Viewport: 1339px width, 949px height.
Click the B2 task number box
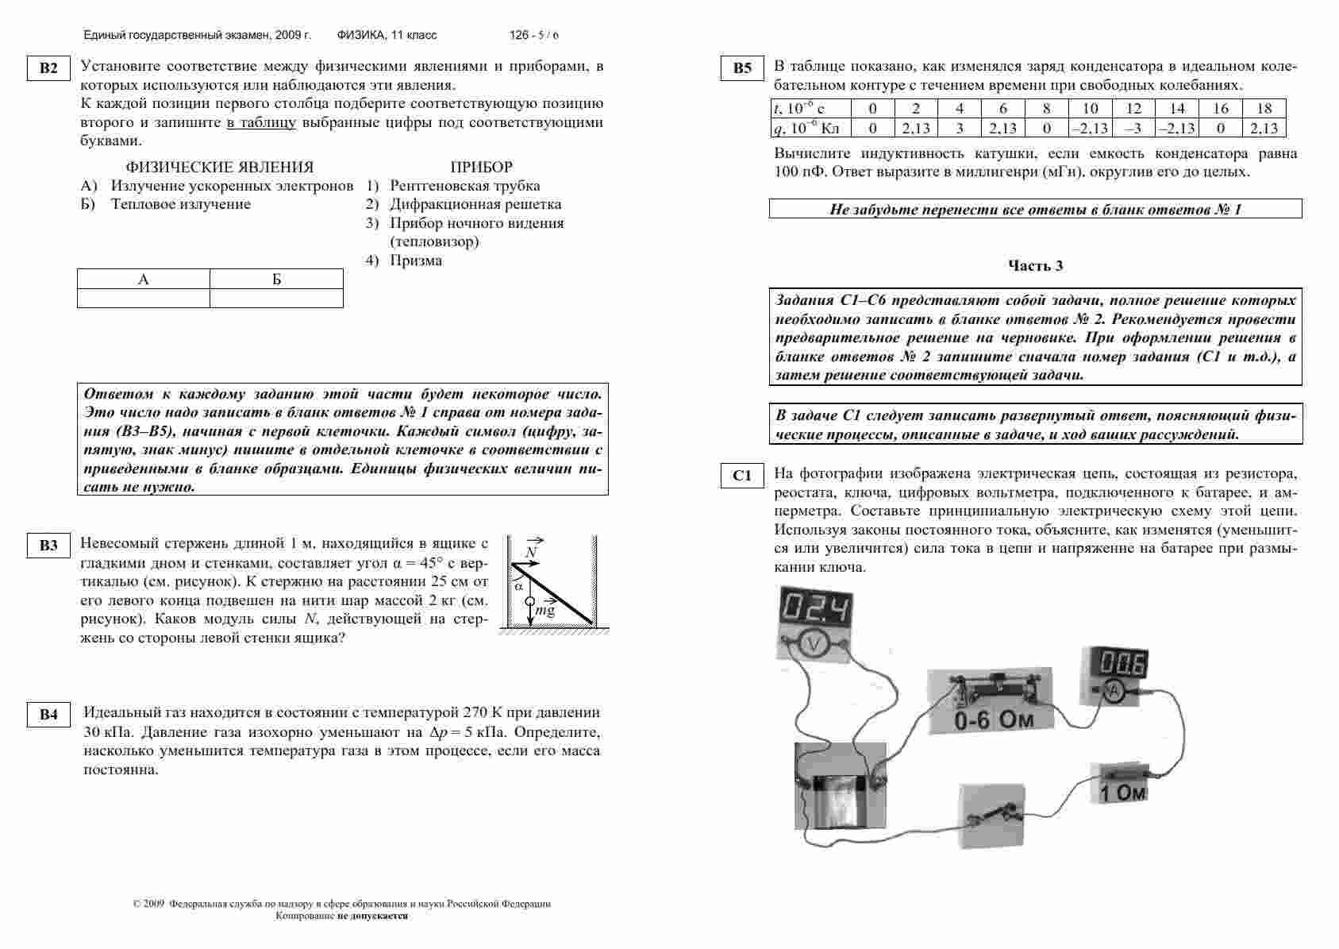pyautogui.click(x=48, y=68)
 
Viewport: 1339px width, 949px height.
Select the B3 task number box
pyautogui.click(x=48, y=546)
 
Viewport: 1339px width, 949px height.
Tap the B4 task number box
pyautogui.click(x=48, y=715)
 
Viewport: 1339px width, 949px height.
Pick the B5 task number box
pyautogui.click(x=742, y=68)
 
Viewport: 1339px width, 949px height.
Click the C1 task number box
pyautogui.click(x=742, y=476)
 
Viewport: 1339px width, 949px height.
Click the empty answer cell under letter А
pyautogui.click(x=144, y=298)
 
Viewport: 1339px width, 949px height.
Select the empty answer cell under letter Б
pyautogui.click(x=276, y=298)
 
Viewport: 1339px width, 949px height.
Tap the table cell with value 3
pyautogui.click(x=960, y=128)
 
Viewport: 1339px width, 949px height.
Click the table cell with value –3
pyautogui.click(x=1134, y=128)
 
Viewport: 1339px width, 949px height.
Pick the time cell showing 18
pyautogui.click(x=1264, y=109)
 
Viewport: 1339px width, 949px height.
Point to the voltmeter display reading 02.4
pyautogui.click(x=813, y=608)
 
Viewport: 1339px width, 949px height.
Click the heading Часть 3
pyautogui.click(x=1035, y=266)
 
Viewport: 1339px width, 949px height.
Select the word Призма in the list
pyautogui.click(x=416, y=260)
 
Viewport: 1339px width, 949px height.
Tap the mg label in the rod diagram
pyautogui.click(x=545, y=610)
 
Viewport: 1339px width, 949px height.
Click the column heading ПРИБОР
pyautogui.click(x=481, y=167)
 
